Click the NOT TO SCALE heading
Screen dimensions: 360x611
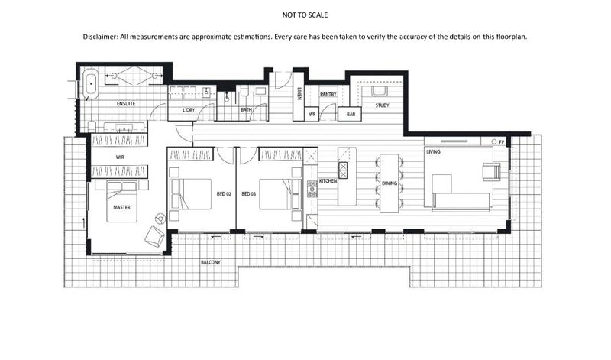(x=305, y=14)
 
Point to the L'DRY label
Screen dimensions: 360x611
(x=188, y=110)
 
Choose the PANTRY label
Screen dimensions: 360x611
(x=328, y=94)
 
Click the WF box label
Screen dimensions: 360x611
(x=312, y=114)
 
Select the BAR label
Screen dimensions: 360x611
(x=352, y=114)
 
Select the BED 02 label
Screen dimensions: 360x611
(x=224, y=194)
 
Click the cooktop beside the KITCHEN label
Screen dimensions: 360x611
(x=312, y=189)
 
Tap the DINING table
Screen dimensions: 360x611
(x=390, y=184)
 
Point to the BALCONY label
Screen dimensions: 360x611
(x=211, y=263)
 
